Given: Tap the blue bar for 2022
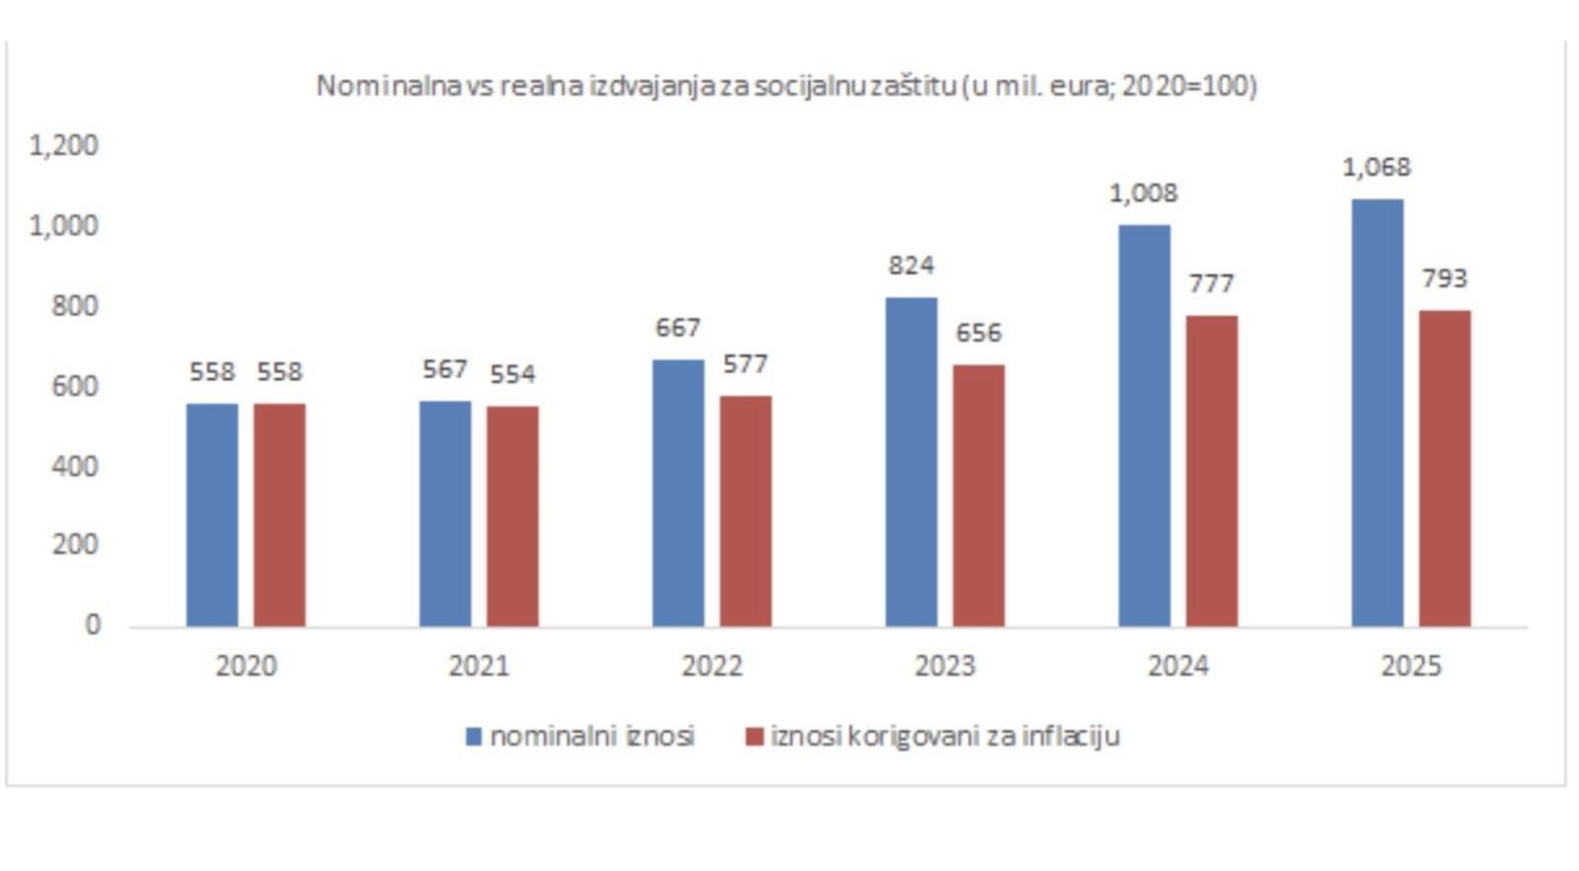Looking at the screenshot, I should (x=678, y=492).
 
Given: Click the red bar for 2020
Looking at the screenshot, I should (x=279, y=514).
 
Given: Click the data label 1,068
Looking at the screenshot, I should (x=1376, y=168).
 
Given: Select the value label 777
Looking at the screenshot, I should (x=1211, y=284).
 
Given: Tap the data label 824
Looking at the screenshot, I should (x=911, y=265).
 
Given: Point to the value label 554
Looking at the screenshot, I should (x=512, y=374).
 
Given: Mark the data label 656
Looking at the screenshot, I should (x=978, y=333).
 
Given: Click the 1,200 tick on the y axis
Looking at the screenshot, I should (x=64, y=146).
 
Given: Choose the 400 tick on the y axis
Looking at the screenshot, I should (x=75, y=466).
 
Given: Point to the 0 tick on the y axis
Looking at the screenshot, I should (x=93, y=624).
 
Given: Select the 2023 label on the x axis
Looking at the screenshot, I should (x=944, y=666).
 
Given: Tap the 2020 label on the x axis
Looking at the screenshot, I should (x=246, y=666).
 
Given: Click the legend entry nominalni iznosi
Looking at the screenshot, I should (x=592, y=736).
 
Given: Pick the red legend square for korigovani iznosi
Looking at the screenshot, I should (x=755, y=736).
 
